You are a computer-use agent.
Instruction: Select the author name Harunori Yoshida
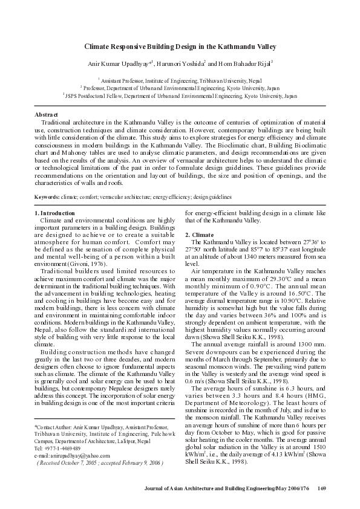point(181,62)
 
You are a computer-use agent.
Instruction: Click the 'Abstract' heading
point(46,114)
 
